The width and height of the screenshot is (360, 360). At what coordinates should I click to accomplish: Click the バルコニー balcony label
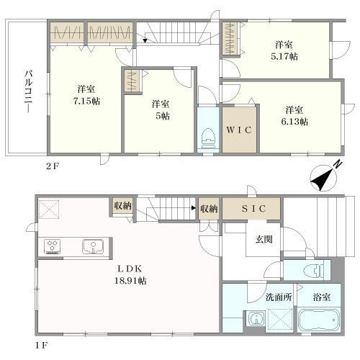tap(29, 91)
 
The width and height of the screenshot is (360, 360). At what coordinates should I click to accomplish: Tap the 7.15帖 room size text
tap(86, 102)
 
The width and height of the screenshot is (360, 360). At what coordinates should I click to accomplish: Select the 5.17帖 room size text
tap(284, 57)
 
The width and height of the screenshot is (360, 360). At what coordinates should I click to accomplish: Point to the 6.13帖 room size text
tap(294, 122)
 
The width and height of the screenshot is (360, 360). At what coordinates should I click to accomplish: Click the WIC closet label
tap(239, 130)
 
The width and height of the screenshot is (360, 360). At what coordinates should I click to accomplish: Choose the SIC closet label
tap(253, 209)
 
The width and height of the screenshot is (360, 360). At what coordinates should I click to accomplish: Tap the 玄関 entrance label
tap(264, 239)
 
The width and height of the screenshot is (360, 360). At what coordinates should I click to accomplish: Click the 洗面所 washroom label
tap(279, 297)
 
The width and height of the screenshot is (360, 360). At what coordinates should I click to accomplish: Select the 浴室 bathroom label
tap(322, 297)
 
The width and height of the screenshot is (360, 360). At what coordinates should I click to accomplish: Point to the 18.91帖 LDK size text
tap(130, 281)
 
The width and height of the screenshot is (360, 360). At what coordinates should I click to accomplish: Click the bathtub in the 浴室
tap(318, 320)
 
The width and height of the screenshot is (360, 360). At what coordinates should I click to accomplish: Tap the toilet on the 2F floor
tap(208, 139)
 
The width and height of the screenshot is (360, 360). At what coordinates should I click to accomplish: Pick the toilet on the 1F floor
tap(314, 270)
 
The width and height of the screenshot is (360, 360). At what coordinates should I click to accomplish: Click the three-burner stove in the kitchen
tap(53, 246)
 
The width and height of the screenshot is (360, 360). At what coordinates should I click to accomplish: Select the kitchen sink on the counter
tap(93, 246)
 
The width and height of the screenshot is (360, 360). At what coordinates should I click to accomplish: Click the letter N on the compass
tap(338, 164)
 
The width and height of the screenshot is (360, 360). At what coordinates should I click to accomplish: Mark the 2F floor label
tap(53, 166)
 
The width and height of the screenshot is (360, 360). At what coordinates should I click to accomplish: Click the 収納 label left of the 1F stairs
tap(123, 206)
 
